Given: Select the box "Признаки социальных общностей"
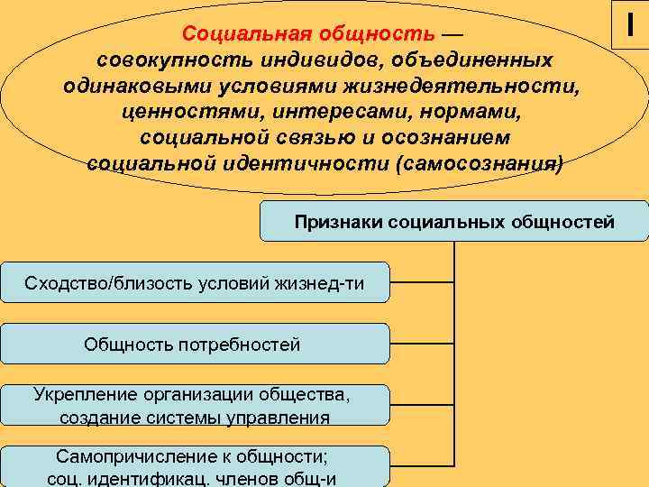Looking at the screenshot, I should tap(454, 221).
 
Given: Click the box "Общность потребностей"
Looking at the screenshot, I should tap(194, 344).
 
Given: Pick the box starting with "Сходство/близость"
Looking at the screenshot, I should tap(194, 283).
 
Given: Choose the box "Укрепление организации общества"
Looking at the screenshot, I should tap(194, 405).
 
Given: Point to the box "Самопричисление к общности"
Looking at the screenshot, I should tap(194, 465).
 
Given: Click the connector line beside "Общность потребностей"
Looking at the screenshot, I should tap(422, 344).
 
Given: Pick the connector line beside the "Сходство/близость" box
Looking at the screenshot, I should tap(422, 282).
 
